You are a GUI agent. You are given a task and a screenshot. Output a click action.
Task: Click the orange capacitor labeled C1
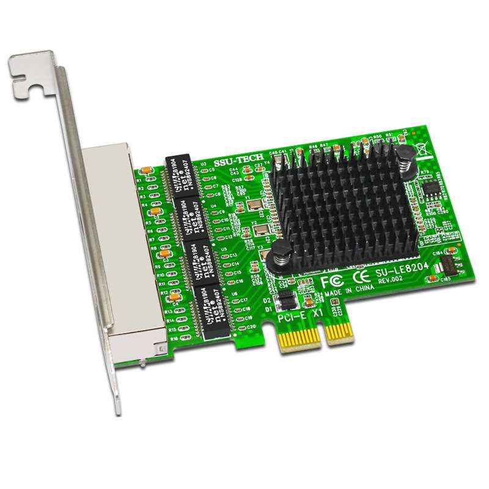149,171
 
